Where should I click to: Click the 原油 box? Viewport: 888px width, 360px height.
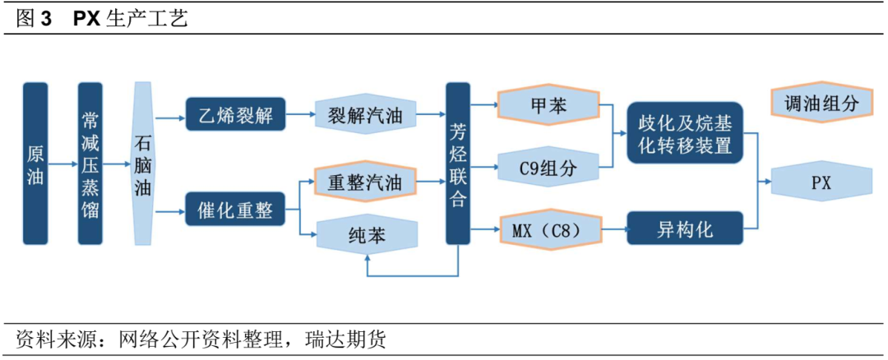35,163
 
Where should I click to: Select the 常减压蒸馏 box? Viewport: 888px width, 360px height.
90,163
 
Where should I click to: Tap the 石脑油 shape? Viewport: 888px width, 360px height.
143,163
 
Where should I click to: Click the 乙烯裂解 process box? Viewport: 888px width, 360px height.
235,116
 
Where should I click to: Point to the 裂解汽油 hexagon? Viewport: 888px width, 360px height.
366,116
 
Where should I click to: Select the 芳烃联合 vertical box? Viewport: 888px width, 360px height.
458,163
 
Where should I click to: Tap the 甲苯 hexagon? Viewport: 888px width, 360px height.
549,105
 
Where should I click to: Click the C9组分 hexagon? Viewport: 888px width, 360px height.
549,169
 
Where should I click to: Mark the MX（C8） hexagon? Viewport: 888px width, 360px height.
549,230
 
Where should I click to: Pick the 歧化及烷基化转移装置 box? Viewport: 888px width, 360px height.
684,134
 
